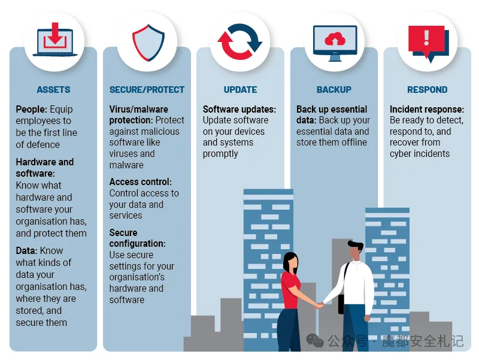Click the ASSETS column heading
click(x=53, y=89)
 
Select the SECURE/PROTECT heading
click(x=147, y=89)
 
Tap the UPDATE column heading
click(x=241, y=89)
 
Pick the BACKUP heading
click(x=334, y=89)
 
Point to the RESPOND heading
click(x=428, y=89)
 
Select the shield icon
click(x=148, y=43)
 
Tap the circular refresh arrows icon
click(x=240, y=41)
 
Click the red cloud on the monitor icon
click(x=335, y=39)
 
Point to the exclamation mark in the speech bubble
click(x=426, y=37)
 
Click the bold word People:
click(x=32, y=110)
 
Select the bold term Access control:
click(x=141, y=182)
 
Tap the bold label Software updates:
click(x=239, y=110)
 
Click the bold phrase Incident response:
click(x=427, y=110)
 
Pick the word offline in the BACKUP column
click(x=354, y=143)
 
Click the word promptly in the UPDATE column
click(x=220, y=154)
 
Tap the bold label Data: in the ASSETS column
click(x=26, y=250)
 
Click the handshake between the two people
click(x=319, y=305)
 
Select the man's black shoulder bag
click(x=341, y=304)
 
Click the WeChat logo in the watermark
click(x=315, y=341)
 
